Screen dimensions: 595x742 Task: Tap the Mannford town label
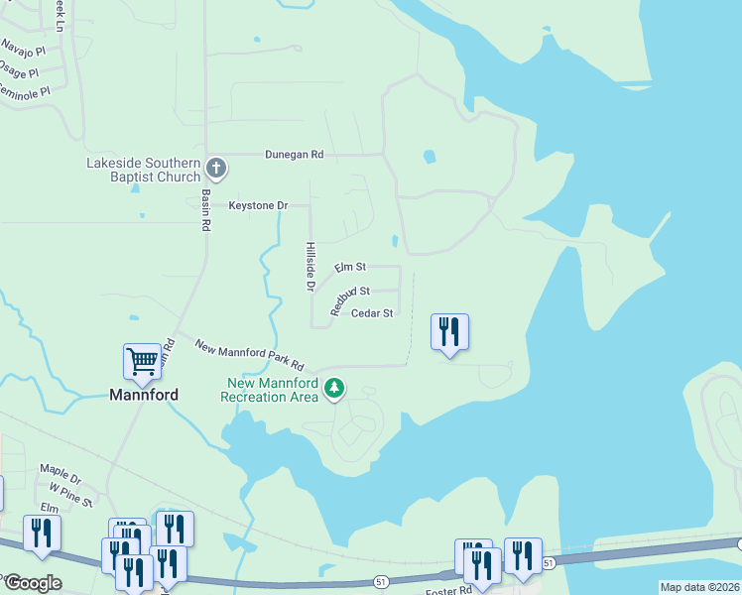click(x=143, y=395)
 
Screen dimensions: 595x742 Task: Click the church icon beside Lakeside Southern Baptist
click(x=217, y=169)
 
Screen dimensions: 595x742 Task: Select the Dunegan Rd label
click(x=294, y=155)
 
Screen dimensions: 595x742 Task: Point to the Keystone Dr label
click(x=257, y=205)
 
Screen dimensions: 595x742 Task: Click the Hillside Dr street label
click(x=310, y=267)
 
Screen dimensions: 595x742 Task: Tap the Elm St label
click(x=350, y=268)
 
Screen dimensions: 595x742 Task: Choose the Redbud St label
click(x=350, y=293)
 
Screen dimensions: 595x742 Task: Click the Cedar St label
click(x=372, y=313)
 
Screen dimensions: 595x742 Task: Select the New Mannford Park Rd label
click(x=249, y=355)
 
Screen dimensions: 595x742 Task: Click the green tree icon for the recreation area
click(x=335, y=388)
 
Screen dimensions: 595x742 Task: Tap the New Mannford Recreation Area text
click(x=272, y=390)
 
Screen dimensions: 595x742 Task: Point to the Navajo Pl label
click(x=24, y=47)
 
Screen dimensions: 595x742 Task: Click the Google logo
click(x=32, y=583)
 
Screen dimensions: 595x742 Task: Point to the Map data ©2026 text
click(x=698, y=587)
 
